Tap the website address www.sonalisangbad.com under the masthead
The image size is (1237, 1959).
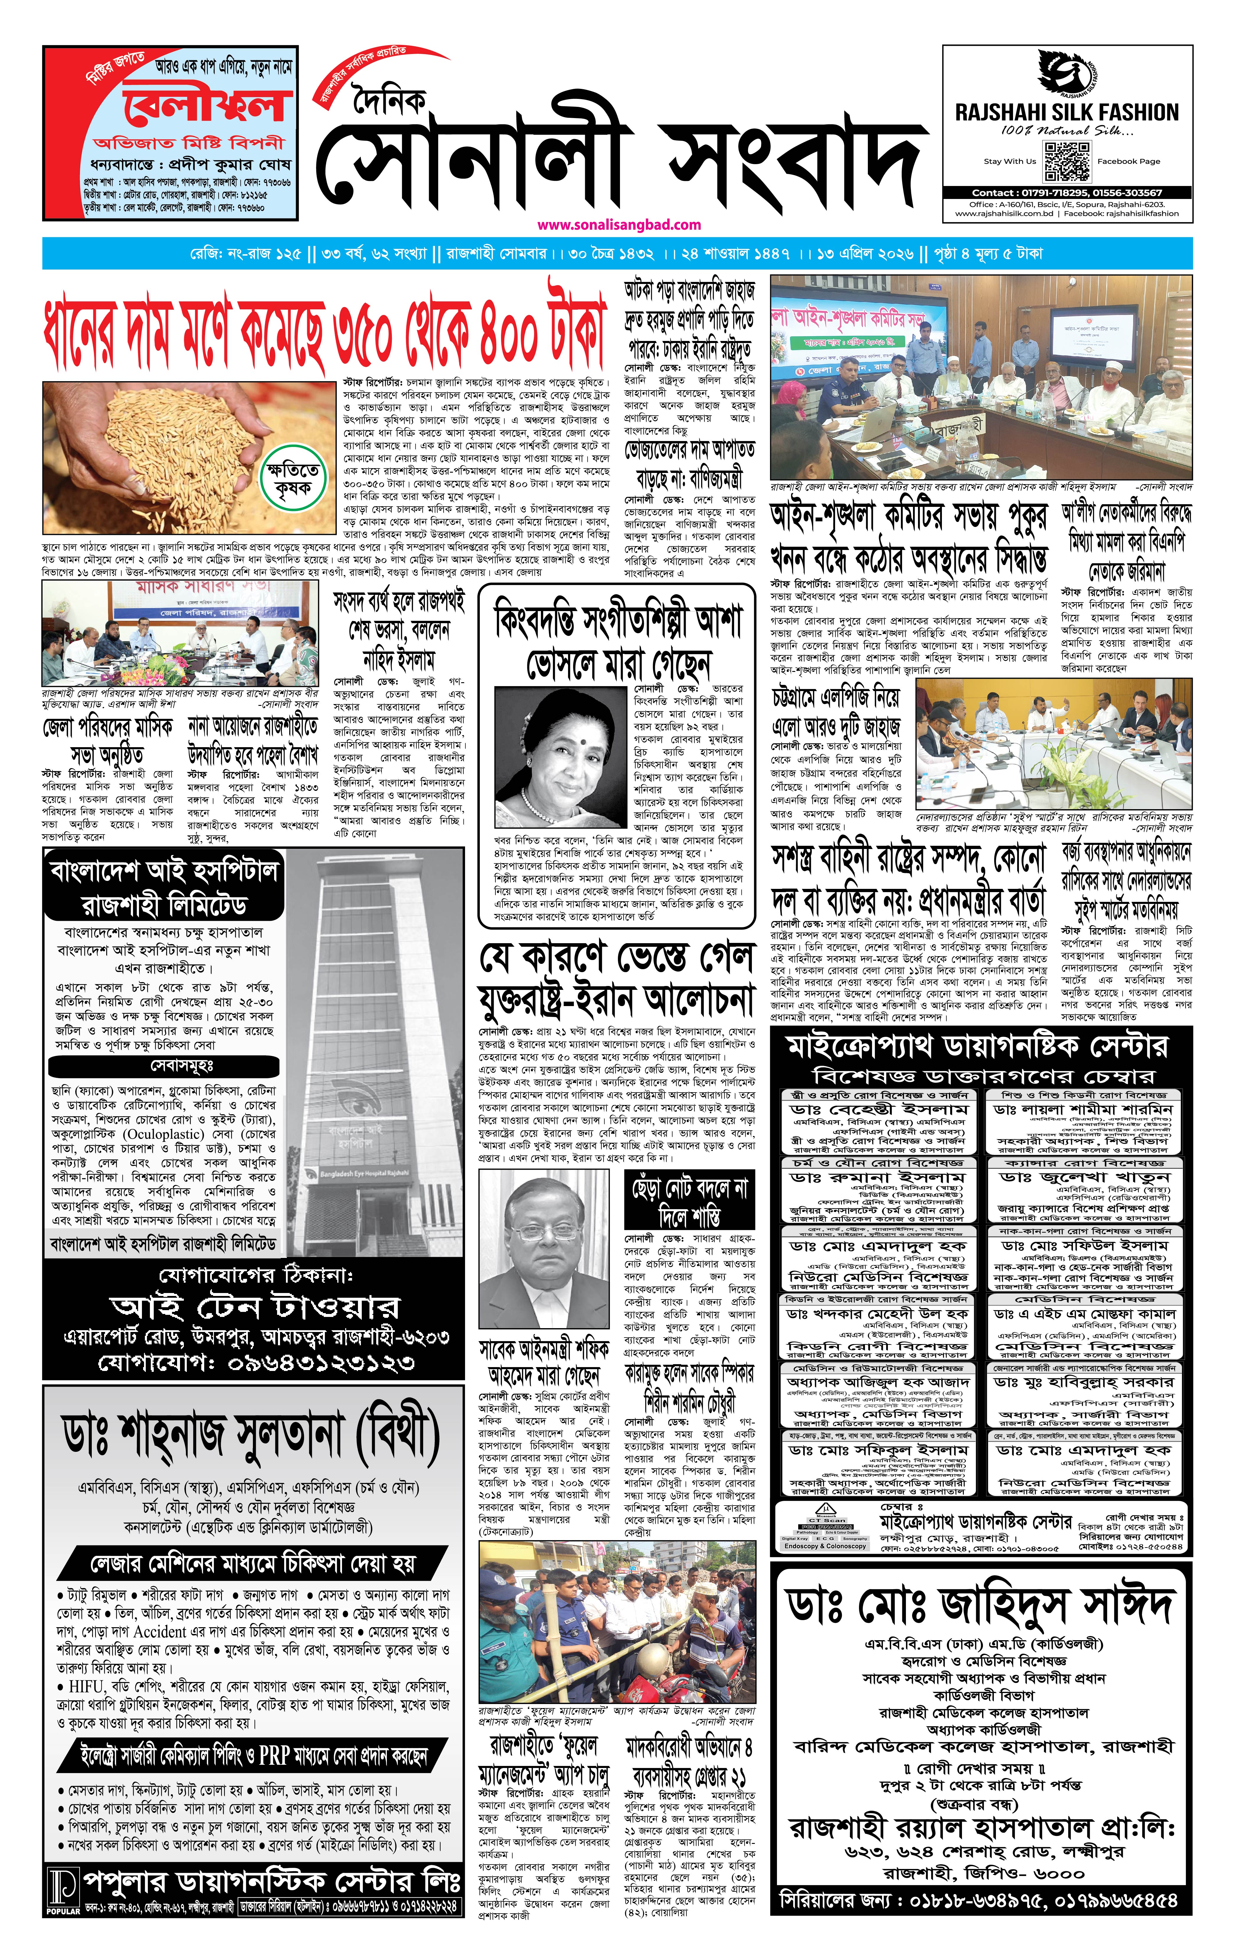click(619, 225)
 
